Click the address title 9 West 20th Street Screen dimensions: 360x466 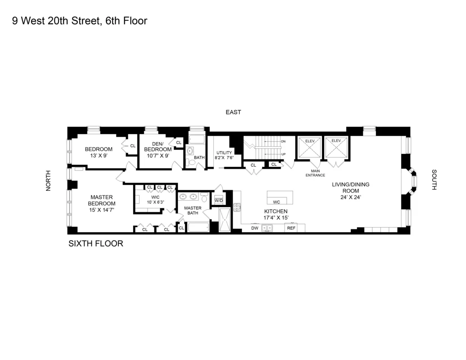(80, 21)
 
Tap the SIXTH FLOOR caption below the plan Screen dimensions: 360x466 (95, 244)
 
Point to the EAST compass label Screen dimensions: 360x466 (233, 112)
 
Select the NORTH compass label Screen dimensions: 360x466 (49, 180)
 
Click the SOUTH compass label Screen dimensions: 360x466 (434, 180)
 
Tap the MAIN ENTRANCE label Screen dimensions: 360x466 (315, 173)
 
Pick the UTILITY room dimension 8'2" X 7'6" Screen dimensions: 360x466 (224, 157)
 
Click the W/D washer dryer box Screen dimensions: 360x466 (219, 200)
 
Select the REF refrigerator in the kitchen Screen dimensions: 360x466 (291, 228)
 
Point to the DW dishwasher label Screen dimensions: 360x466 (254, 228)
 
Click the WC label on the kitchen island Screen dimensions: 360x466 (276, 202)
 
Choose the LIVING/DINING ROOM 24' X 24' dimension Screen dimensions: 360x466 (351, 197)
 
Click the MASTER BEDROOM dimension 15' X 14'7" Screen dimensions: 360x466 (102, 210)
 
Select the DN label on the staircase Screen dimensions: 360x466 (283, 141)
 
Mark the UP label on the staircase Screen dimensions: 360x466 (283, 154)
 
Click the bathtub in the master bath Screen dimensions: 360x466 (198, 227)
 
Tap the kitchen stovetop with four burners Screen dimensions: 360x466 (236, 207)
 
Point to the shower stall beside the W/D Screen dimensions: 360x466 (224, 220)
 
